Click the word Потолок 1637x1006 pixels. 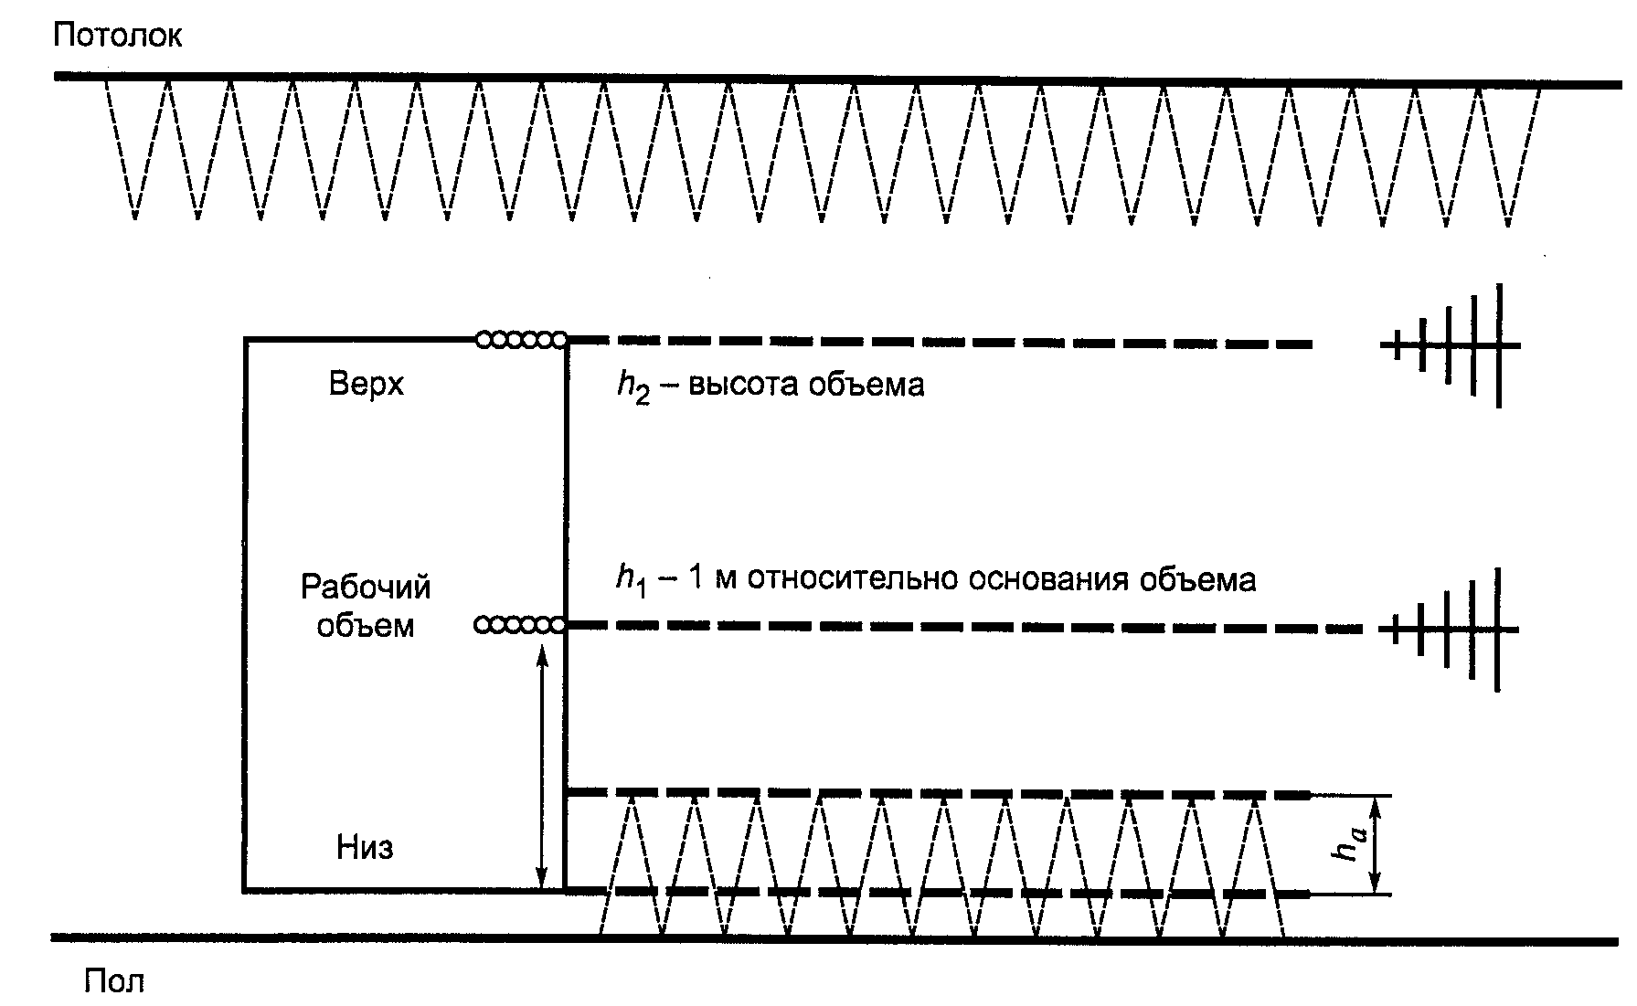pos(117,35)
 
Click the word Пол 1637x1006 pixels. pos(113,981)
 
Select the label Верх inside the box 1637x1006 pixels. pos(366,384)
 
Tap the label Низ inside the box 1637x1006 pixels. pos(365,847)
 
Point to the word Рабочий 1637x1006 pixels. pos(366,586)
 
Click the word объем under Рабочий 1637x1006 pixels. pos(366,626)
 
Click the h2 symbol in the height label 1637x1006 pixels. pos(632,387)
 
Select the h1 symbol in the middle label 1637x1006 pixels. pos(632,581)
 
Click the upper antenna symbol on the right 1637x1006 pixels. pos(1453,345)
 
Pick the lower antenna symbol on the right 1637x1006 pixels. pos(1453,630)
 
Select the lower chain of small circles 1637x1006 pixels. pos(519,625)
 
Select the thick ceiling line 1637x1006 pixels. pos(823,80)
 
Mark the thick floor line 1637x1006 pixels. pos(823,938)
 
